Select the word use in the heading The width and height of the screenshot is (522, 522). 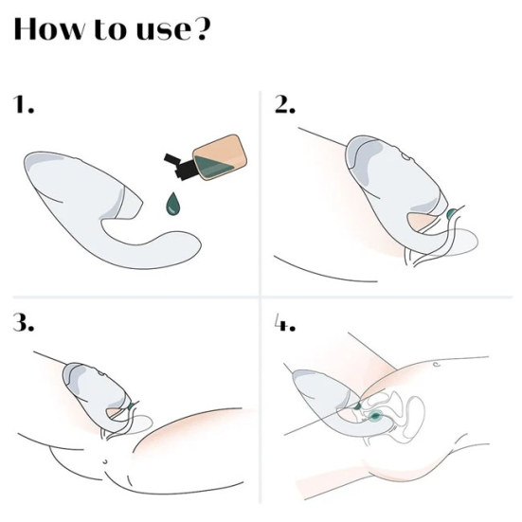(164, 32)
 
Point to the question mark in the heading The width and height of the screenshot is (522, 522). (202, 28)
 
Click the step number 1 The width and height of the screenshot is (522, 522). (24, 103)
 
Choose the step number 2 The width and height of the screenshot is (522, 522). (285, 104)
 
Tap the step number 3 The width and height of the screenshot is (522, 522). (24, 322)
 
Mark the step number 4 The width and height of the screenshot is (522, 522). (285, 323)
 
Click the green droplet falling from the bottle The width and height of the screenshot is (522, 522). (173, 204)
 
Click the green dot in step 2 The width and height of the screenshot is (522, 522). (451, 213)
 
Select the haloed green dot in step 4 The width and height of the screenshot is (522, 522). (376, 416)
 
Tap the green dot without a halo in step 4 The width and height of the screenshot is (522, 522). (357, 405)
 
